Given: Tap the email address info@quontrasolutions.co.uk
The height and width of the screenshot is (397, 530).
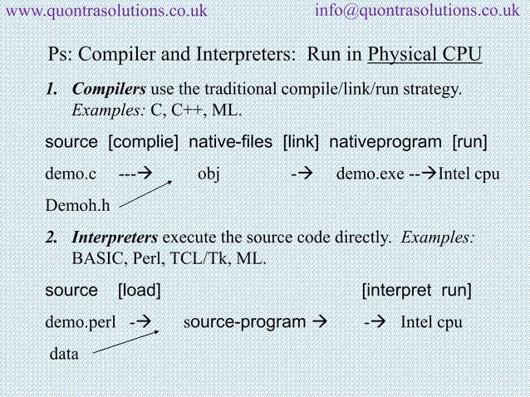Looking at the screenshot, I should pyautogui.click(x=421, y=10).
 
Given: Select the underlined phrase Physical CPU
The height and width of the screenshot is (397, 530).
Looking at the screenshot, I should pyautogui.click(x=425, y=56).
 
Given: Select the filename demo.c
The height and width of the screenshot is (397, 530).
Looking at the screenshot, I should pyautogui.click(x=71, y=176).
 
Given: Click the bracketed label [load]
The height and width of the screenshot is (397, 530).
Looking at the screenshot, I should pyautogui.click(x=140, y=291).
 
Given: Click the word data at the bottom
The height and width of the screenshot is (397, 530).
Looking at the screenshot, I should pyautogui.click(x=65, y=355).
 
